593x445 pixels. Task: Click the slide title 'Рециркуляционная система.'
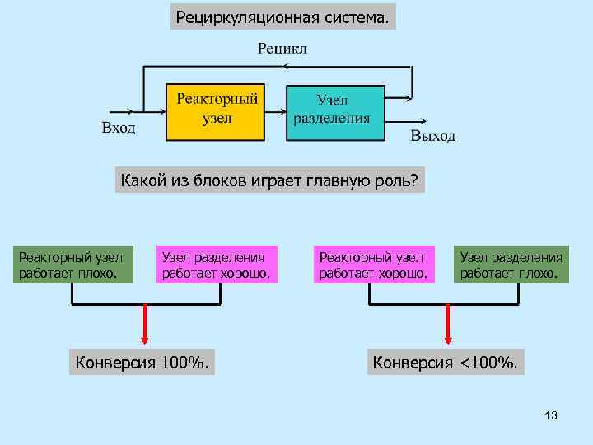pyautogui.click(x=282, y=16)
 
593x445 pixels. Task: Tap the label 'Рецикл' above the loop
pyautogui.click(x=282, y=49)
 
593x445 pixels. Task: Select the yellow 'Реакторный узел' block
pyautogui.click(x=217, y=111)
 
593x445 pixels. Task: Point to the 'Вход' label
pyautogui.click(x=119, y=128)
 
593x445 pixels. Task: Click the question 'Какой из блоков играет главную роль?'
pyautogui.click(x=269, y=180)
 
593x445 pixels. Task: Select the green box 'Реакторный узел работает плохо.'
pyautogui.click(x=72, y=265)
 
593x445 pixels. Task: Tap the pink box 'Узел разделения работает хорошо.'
pyautogui.click(x=216, y=265)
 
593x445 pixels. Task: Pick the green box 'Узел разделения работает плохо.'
pyautogui.click(x=511, y=265)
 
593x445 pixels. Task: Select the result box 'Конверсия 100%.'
pyautogui.click(x=141, y=361)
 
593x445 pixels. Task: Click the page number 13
pyautogui.click(x=551, y=416)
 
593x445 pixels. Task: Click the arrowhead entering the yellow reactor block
pyautogui.click(x=161, y=111)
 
